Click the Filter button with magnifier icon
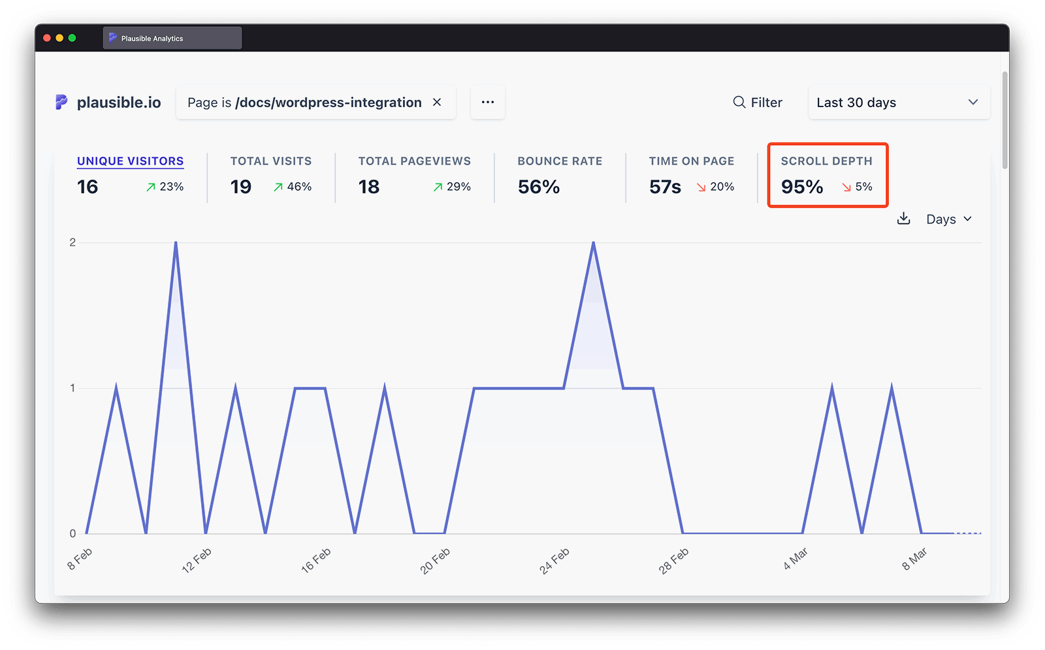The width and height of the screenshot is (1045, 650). coord(758,103)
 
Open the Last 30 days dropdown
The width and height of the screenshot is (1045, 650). coord(898,103)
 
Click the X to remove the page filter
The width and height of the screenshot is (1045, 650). coord(437,102)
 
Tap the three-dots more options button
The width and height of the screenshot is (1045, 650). coord(488,102)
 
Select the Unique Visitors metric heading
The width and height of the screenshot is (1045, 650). coord(130,161)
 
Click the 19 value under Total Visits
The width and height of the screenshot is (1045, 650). coord(241,187)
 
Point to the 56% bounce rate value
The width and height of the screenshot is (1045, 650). coord(539,187)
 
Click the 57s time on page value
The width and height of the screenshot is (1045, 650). coord(665,187)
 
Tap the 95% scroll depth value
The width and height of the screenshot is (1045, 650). coord(802,187)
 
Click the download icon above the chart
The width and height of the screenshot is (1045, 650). coord(904,218)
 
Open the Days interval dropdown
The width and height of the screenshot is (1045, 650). coord(949,219)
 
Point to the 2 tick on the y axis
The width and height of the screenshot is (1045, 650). coord(72,242)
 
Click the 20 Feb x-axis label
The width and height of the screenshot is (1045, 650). coord(435,561)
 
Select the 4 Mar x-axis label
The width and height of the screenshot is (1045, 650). coord(796,559)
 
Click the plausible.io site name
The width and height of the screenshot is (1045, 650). coord(118,103)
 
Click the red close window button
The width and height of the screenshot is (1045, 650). coord(47,38)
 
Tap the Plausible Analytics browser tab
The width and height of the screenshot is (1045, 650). coord(172,38)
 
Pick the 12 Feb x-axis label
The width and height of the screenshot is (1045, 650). coord(197,561)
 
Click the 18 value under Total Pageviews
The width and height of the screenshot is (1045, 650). coord(369,187)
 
